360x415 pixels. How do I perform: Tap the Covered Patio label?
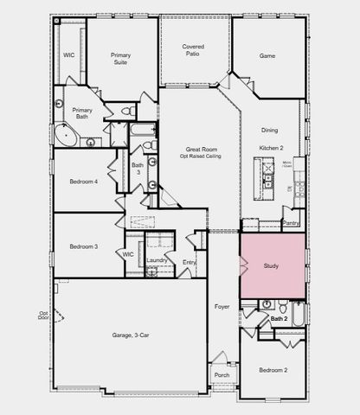193,51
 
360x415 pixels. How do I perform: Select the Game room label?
268,55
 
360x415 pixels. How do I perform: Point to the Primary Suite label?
120,59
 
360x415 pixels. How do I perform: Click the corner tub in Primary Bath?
65,137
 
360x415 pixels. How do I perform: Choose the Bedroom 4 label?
84,181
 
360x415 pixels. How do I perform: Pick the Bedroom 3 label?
84,246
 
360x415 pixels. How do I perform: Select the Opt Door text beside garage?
43,316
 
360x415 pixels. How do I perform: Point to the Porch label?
222,374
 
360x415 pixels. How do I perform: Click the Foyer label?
222,306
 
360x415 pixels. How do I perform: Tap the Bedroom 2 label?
273,370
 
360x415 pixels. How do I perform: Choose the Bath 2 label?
279,319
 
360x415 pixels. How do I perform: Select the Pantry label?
291,223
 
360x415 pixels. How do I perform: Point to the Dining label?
270,130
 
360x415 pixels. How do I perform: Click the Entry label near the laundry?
190,262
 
